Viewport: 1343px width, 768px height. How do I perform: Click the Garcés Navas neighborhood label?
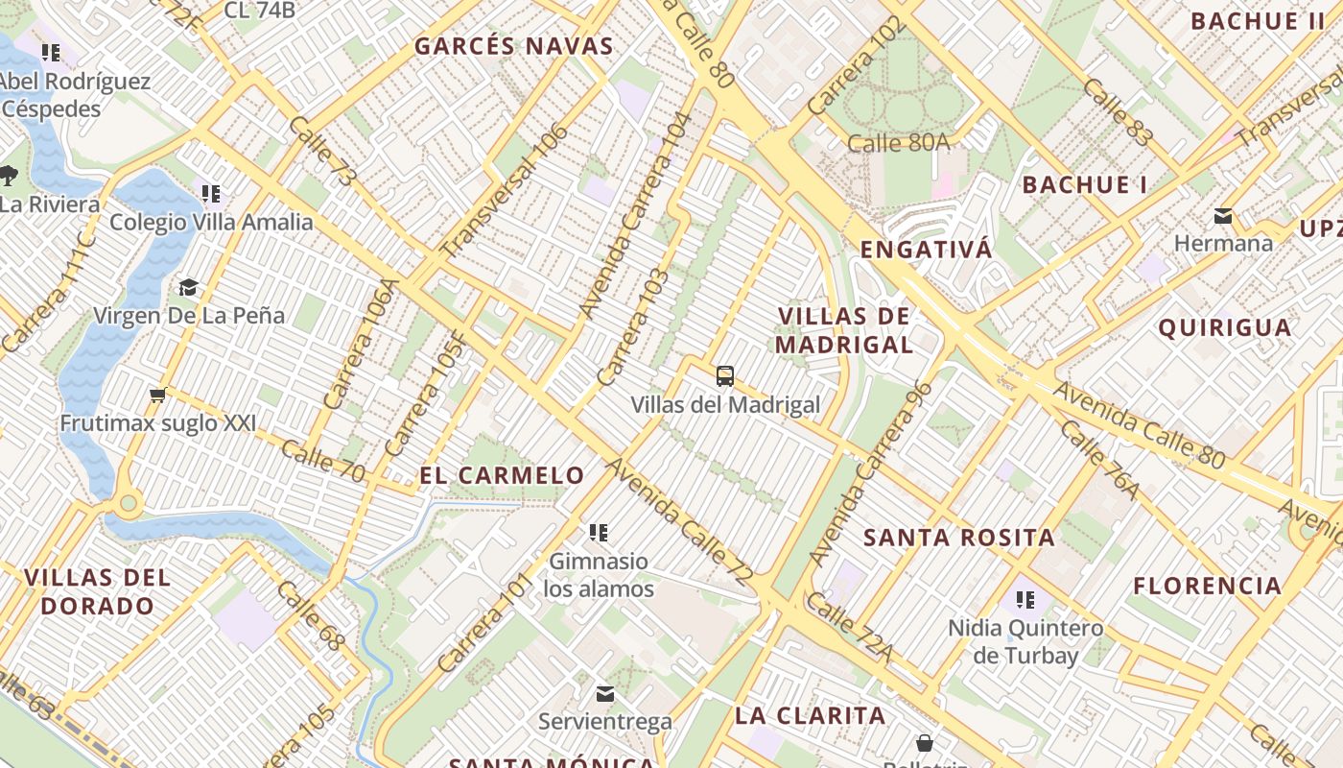513,46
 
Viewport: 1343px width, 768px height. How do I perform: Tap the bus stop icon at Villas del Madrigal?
725,376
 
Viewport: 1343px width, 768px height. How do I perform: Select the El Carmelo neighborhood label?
502,475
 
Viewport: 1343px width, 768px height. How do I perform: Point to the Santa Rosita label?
959,538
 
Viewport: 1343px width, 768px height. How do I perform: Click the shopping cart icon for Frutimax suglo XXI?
158,395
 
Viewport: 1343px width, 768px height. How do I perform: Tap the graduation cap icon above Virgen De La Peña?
188,287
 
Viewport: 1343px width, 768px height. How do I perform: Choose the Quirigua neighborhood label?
1225,327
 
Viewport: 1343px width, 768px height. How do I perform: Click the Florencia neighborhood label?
1208,586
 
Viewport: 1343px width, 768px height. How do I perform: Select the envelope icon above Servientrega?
605,693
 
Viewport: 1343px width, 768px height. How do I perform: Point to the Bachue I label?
1085,185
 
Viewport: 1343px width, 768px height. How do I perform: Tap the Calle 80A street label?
899,143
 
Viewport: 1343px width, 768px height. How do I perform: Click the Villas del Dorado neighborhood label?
97,591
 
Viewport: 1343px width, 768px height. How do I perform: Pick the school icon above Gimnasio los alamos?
599,532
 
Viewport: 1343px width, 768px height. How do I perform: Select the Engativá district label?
926,250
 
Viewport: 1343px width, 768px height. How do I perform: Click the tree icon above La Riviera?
10,176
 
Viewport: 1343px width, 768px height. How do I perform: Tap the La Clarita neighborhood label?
811,715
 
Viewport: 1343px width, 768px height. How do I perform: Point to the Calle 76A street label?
1099,459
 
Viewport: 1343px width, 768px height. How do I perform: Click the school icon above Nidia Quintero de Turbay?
1025,601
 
